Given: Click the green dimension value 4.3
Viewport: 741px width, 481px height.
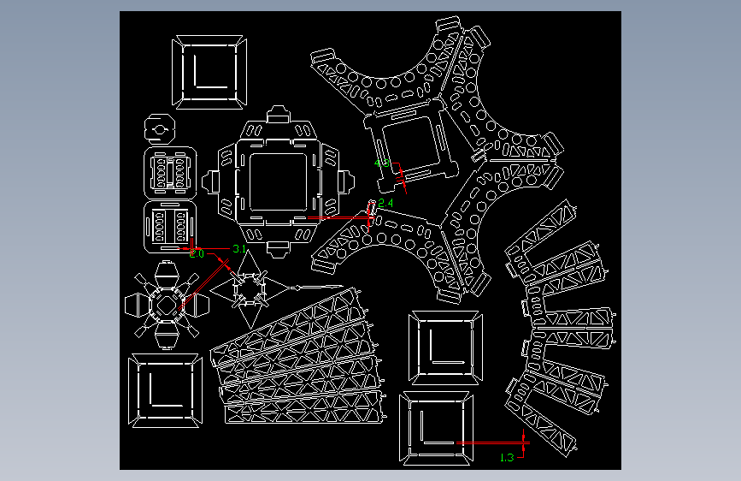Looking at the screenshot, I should (382, 163).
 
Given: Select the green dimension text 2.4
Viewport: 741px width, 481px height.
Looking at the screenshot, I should (385, 203).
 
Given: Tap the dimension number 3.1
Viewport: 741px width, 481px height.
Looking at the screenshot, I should (239, 249).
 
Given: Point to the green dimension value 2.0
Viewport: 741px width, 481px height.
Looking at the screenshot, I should (197, 254).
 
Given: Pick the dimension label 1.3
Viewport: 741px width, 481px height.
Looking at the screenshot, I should (506, 457).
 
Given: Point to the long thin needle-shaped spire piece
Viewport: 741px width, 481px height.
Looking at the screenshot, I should (316, 286).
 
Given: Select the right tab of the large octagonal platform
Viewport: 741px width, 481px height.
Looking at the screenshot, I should (345, 181).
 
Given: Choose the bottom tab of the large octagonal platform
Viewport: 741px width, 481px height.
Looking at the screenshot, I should (279, 248).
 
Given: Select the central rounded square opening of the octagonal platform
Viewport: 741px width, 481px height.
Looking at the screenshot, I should (279, 181).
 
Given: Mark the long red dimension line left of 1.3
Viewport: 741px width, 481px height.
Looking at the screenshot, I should (491, 442).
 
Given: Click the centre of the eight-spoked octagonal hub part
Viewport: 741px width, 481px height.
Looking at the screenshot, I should (166, 304).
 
